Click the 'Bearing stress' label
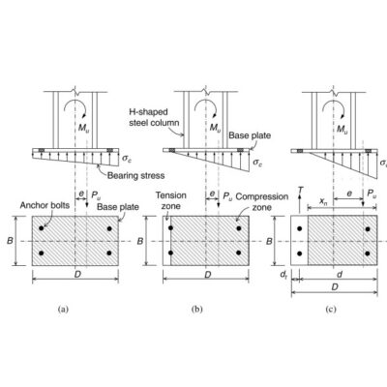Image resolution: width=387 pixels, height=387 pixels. tap(135, 176)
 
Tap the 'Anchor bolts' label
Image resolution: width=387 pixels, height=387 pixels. tap(45, 205)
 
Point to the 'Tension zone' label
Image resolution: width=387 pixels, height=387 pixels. tap(171, 200)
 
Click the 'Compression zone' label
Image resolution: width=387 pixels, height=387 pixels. tap(262, 201)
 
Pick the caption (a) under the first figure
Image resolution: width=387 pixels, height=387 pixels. tap(63, 310)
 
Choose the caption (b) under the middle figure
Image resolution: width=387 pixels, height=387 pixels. tap(197, 310)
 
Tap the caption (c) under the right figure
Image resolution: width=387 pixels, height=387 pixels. tap(331, 310)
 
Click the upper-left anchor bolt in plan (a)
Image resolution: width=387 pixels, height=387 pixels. tap(41, 228)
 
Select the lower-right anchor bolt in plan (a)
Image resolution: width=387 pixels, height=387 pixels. tap(109, 253)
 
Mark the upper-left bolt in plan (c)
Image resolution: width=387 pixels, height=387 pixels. tap(300, 228)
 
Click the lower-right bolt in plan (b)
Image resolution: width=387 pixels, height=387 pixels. tap(239, 253)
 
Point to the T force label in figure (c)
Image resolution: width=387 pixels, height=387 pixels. tap(300, 190)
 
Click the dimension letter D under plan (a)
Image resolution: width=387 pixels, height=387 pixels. tap(77, 274)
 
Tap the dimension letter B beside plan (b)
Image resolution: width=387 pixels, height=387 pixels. tap(140, 241)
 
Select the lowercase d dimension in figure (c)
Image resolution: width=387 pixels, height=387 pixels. tap(340, 275)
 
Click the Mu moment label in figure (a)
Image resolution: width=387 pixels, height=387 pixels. tap(84, 128)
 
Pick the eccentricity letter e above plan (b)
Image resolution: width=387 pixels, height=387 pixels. tap(212, 193)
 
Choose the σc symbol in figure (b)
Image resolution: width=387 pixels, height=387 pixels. tap(257, 162)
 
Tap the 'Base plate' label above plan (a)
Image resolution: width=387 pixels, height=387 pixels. tap(118, 207)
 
